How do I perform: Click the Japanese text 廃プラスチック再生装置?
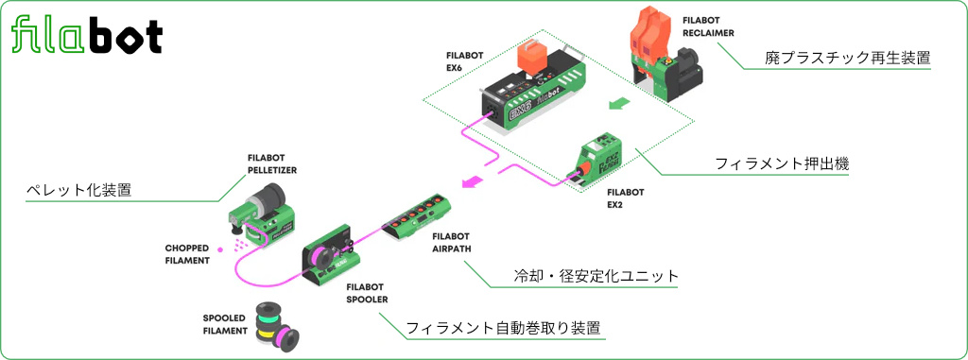847,58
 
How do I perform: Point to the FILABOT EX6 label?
465,61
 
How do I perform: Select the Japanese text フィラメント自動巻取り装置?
503,329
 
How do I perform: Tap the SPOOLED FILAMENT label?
225,324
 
